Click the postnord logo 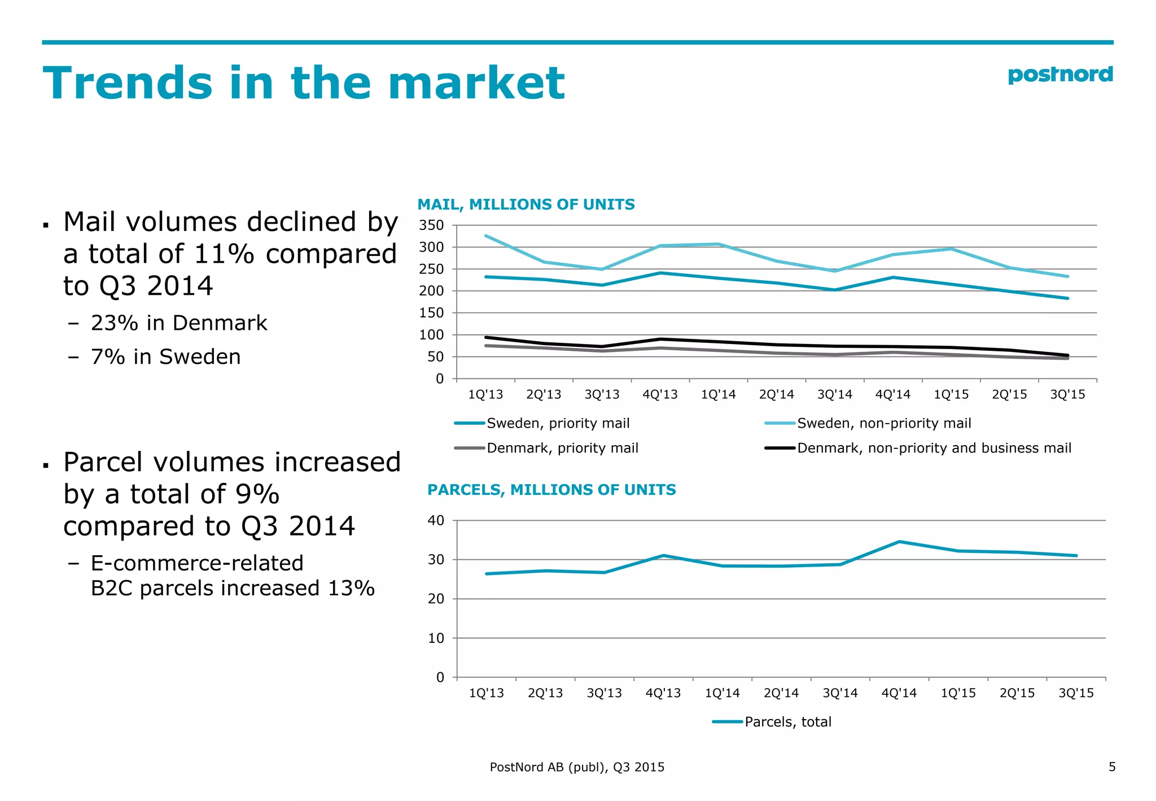[x=1060, y=75]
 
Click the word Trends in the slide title [x=128, y=84]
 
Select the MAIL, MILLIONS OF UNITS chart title [x=526, y=204]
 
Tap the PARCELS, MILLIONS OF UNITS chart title [x=551, y=490]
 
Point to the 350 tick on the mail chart [x=431, y=225]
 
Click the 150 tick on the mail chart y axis [x=431, y=313]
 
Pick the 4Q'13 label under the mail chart [x=660, y=395]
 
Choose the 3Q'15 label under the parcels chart [x=1076, y=693]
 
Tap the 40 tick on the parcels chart [x=436, y=520]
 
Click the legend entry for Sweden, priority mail [x=558, y=423]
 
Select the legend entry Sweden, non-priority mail [x=883, y=423]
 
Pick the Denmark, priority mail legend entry [x=562, y=448]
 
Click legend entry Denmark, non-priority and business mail [x=934, y=448]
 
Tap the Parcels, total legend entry [x=787, y=722]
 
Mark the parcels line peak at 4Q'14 [x=899, y=542]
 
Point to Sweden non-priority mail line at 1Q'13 [x=487, y=236]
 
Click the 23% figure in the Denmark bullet [x=115, y=323]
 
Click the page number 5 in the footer [x=1112, y=767]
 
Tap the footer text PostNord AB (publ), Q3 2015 [x=577, y=767]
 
